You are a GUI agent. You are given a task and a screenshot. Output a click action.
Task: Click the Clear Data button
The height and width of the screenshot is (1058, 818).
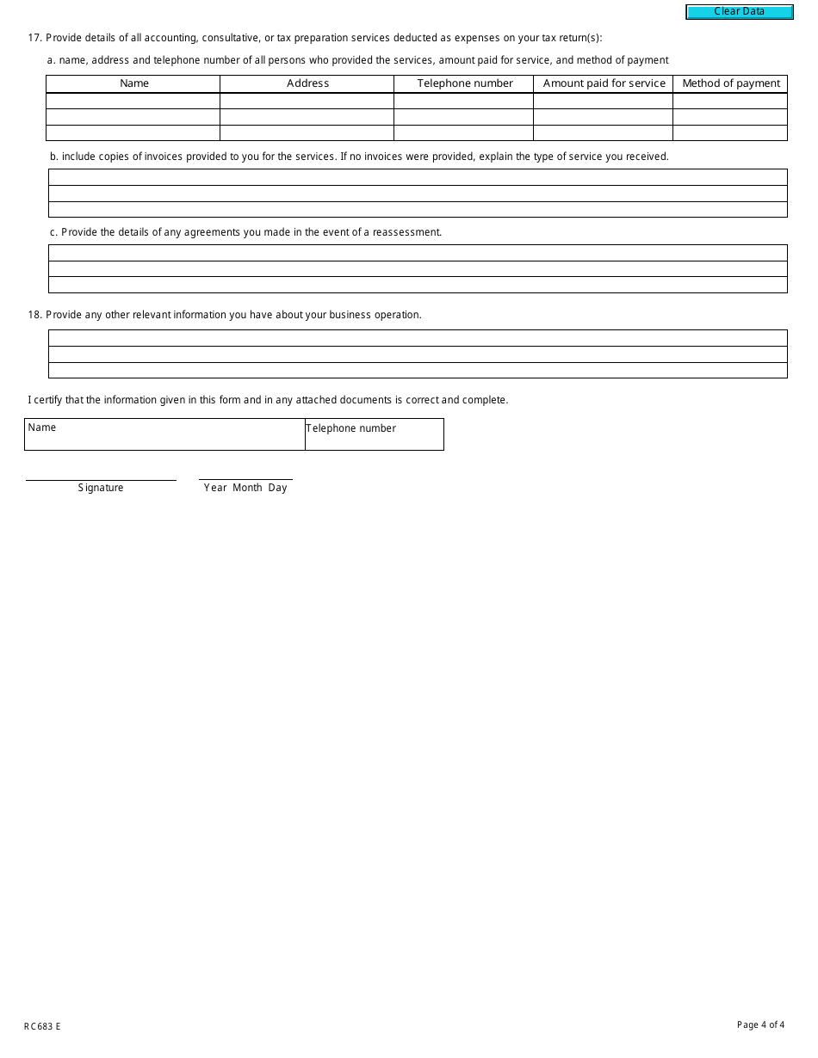739,12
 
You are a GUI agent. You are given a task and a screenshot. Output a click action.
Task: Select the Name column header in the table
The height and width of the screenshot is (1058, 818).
133,83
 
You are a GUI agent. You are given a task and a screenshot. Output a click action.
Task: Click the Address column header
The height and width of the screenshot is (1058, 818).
307,83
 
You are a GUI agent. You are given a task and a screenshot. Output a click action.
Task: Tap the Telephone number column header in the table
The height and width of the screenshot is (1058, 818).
464,83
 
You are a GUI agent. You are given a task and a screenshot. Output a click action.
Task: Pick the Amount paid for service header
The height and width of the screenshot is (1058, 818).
604,83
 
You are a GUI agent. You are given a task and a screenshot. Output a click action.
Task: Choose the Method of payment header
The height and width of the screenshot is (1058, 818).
730,83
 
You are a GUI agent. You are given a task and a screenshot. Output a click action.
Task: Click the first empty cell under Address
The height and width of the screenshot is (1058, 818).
307,101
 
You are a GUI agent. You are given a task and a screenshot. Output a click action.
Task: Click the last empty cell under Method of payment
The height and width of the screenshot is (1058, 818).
730,133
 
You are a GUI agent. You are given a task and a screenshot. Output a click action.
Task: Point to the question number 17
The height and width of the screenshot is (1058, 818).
34,38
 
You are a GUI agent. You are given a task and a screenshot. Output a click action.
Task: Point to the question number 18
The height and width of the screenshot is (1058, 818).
34,315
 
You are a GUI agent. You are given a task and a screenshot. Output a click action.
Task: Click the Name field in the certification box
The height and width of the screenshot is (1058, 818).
164,439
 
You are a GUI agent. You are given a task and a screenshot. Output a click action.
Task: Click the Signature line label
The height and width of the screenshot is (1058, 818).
101,488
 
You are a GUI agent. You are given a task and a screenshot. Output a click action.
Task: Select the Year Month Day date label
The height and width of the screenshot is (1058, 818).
245,488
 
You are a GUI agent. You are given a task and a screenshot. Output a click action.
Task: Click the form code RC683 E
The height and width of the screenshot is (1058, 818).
42,1026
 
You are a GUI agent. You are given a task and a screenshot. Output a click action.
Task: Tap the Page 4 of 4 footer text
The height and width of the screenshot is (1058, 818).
760,1024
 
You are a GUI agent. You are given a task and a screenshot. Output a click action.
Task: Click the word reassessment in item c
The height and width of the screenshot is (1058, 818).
406,232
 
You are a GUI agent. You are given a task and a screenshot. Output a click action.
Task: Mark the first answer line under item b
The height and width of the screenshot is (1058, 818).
418,177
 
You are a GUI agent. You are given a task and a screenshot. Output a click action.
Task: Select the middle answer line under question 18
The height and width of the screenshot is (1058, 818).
418,354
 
